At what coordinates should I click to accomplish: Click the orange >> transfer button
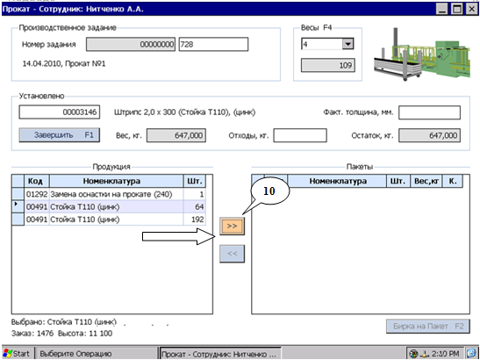pyautogui.click(x=232, y=227)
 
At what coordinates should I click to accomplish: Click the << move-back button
pyautogui.click(x=232, y=254)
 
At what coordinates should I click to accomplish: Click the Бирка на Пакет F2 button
pyautogui.click(x=428, y=327)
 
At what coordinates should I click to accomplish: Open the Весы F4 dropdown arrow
pyautogui.click(x=347, y=44)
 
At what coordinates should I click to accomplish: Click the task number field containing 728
pyautogui.click(x=213, y=45)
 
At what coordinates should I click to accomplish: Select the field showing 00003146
pyautogui.click(x=60, y=112)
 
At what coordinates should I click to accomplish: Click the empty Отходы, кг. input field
pyautogui.click(x=300, y=135)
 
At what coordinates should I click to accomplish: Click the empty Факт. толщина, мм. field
pyautogui.click(x=429, y=112)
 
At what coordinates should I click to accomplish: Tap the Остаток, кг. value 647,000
pyautogui.click(x=429, y=135)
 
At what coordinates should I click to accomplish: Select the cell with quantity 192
pyautogui.click(x=195, y=220)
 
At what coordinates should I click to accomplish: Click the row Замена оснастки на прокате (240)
pyautogui.click(x=111, y=194)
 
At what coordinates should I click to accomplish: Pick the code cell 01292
pyautogui.click(x=37, y=194)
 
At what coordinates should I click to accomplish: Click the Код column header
pyautogui.click(x=37, y=181)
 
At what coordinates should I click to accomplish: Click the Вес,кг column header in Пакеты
pyautogui.click(x=426, y=181)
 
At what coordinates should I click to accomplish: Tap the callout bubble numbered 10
pyautogui.click(x=269, y=191)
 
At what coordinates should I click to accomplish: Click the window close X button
pyautogui.click(x=472, y=9)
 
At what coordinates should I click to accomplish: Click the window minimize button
pyautogui.click(x=442, y=9)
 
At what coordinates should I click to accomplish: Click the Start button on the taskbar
pyautogui.click(x=17, y=354)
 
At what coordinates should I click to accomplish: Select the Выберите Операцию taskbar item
pyautogui.click(x=97, y=354)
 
